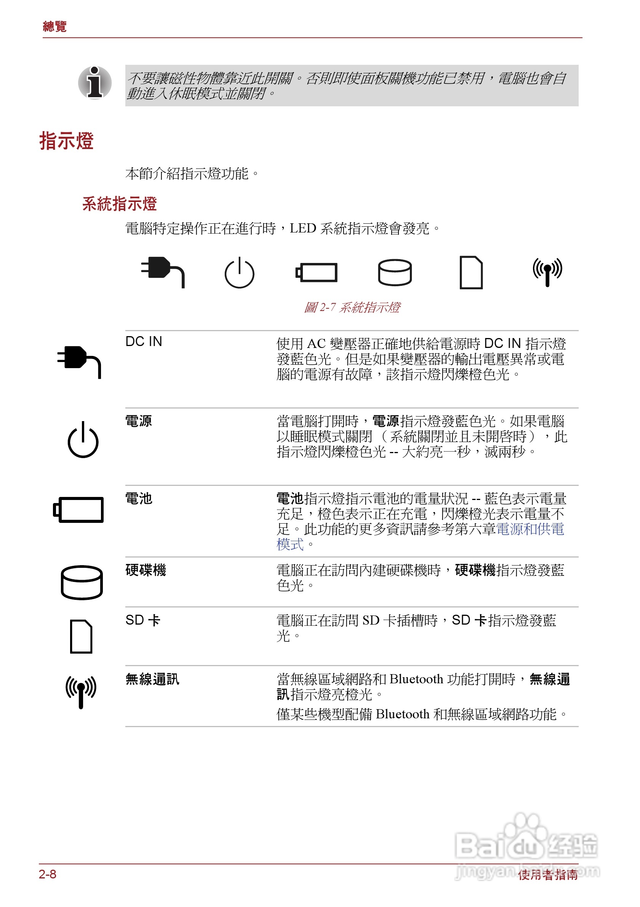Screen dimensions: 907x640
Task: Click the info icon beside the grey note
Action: pos(94,83)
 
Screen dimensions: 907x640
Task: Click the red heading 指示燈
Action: pos(66,141)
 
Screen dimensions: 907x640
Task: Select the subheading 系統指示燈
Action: pos(119,204)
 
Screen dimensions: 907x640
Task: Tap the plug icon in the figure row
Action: pos(163,271)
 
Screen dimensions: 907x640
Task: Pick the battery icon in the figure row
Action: pos(317,272)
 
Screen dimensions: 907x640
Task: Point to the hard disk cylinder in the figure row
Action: pos(395,272)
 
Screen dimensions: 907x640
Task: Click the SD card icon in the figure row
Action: pos(471,272)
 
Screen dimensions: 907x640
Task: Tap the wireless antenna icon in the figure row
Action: pos(547,272)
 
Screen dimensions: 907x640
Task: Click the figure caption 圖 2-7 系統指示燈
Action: pos(352,307)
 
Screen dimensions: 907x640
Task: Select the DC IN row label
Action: pos(144,341)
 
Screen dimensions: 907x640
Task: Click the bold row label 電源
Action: pos(139,421)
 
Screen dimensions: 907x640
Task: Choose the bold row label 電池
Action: pos(139,498)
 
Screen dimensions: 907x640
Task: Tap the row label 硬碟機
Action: pos(146,570)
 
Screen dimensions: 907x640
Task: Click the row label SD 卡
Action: pos(142,620)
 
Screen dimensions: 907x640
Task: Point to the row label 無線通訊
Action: pos(152,679)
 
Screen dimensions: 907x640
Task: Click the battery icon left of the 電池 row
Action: pos(78,510)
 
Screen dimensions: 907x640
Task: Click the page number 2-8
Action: pos(47,874)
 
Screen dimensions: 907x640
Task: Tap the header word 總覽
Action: pos(54,26)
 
